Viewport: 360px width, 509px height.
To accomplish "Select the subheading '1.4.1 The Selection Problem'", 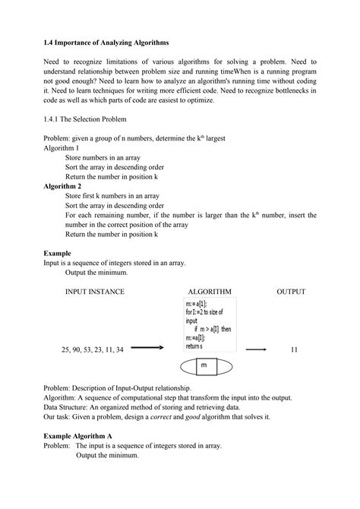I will pos(85,120).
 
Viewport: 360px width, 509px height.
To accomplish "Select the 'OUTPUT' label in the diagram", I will pos(291,291).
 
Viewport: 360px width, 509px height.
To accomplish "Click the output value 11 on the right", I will pos(294,349).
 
